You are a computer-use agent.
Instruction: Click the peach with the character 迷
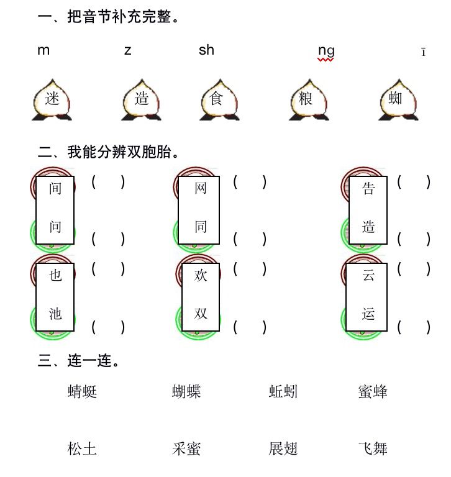point(52,99)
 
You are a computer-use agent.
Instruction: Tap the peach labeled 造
point(142,99)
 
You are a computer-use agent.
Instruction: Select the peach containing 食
point(216,99)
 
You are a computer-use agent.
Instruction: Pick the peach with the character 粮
point(306,99)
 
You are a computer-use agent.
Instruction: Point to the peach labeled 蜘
point(396,99)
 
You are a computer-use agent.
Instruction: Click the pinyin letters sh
point(206,50)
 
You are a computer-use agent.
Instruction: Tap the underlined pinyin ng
point(326,51)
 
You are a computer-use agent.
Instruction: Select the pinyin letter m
point(43,50)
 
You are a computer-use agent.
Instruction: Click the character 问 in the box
point(55,227)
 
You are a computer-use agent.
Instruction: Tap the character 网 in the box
point(200,188)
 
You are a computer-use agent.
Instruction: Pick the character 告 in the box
point(368,189)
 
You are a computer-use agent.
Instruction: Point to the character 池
point(55,314)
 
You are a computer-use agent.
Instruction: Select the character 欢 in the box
point(200,275)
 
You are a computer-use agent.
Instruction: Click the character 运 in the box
point(368,314)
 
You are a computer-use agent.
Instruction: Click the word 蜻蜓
point(83,392)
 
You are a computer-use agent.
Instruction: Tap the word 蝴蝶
point(186,392)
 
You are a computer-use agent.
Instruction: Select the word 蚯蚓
point(283,392)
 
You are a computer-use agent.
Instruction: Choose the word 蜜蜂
point(373,392)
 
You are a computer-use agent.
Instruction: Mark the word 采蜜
point(186,449)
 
